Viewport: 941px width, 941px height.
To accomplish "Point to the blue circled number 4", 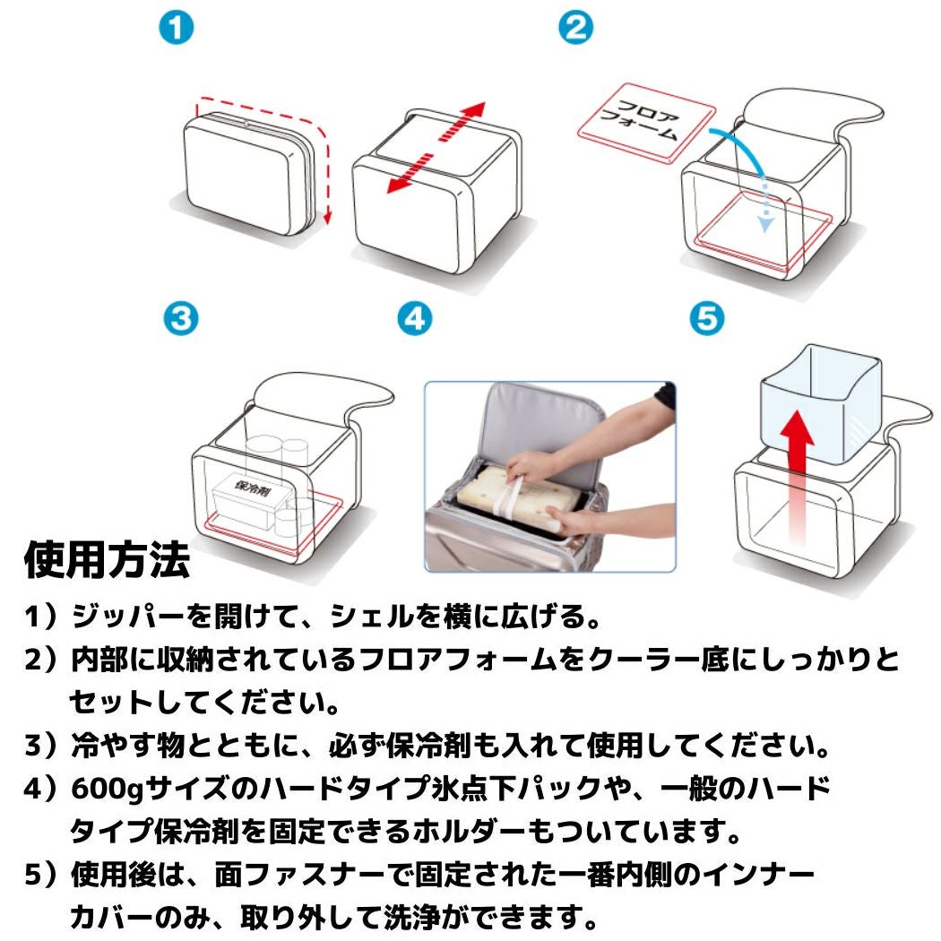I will [x=415, y=320].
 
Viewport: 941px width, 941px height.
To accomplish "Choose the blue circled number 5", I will [x=708, y=320].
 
